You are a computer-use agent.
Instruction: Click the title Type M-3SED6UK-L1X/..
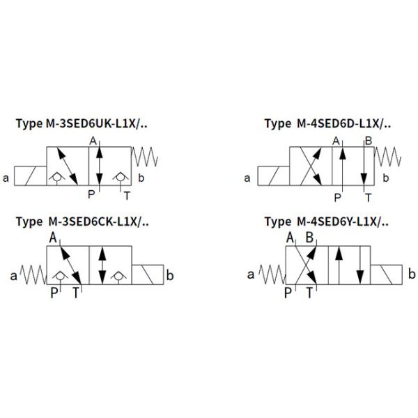[x=82, y=124]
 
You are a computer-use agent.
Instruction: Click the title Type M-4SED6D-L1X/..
[x=327, y=124]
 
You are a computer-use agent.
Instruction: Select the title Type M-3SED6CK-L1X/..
[x=82, y=222]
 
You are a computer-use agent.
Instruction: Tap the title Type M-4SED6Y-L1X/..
[x=326, y=222]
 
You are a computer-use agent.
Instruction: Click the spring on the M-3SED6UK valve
[x=145, y=157]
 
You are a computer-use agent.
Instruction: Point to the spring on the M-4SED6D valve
[x=388, y=157]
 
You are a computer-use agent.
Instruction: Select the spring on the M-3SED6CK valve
[x=33, y=274]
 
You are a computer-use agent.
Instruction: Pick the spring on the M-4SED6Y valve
[x=272, y=274]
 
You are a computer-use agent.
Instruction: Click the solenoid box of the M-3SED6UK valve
[x=31, y=176]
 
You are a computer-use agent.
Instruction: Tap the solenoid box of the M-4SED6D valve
[x=274, y=176]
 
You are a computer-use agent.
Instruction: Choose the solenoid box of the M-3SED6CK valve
[x=148, y=274]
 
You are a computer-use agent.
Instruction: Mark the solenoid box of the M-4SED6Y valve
[x=386, y=274]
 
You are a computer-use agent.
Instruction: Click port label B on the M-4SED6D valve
[x=369, y=141]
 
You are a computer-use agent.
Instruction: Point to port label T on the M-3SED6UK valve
[x=127, y=196]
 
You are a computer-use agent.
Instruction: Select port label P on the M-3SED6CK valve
[x=54, y=293]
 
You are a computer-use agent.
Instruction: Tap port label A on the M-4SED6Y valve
[x=290, y=238]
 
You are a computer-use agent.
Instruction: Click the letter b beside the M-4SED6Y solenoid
[x=412, y=274]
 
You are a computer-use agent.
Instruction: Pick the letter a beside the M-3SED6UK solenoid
[x=6, y=178]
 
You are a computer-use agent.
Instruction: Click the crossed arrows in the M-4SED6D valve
[x=311, y=166]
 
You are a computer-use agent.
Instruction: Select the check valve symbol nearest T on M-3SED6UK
[x=121, y=178]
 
